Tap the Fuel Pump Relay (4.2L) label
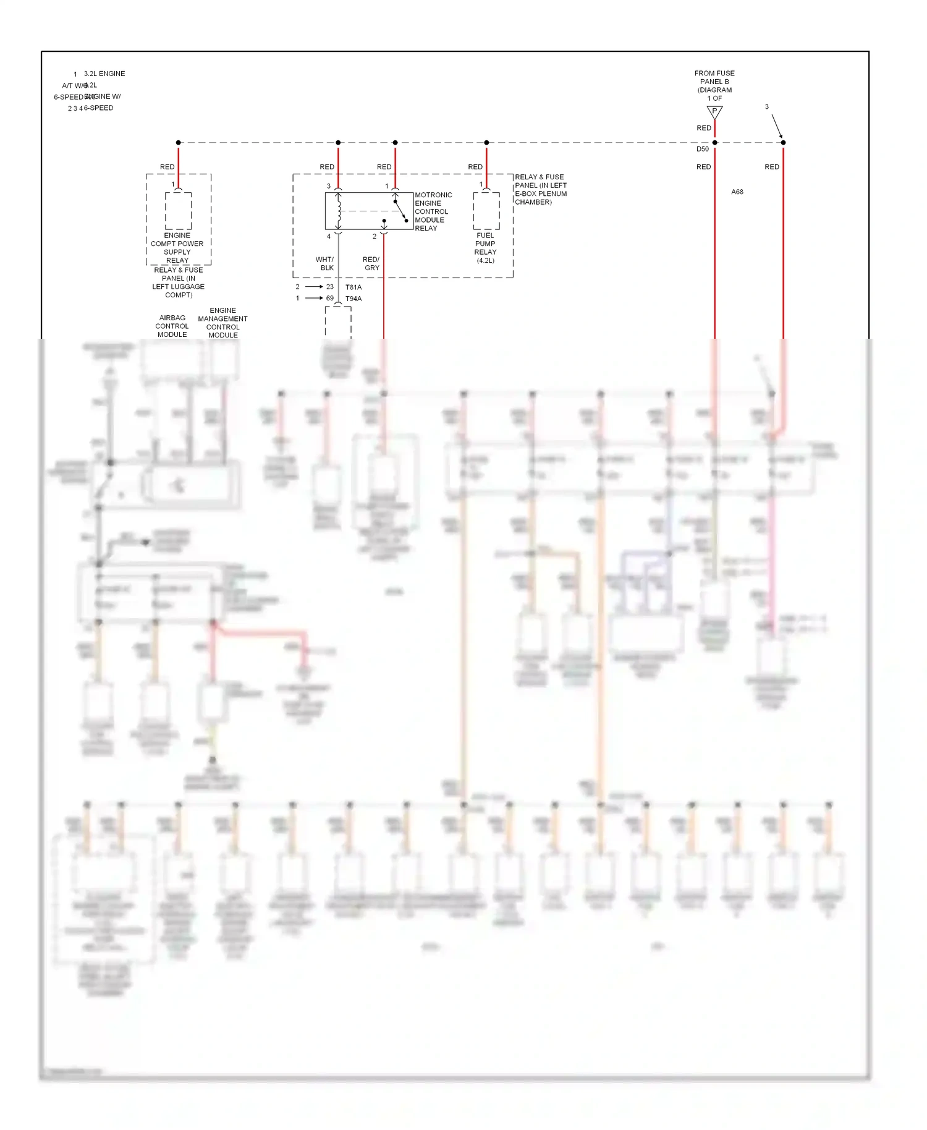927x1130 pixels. [485, 248]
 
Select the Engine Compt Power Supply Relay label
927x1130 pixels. [177, 248]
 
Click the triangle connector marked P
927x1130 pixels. [714, 112]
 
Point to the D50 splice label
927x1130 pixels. [703, 149]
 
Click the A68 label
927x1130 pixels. [737, 192]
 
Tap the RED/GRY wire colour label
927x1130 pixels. [371, 264]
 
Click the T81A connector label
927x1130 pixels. [353, 287]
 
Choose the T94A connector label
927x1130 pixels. [353, 299]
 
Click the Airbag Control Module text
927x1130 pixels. [172, 326]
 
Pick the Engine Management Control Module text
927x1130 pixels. [222, 323]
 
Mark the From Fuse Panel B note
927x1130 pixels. [714, 85]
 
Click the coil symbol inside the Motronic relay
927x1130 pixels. [339, 211]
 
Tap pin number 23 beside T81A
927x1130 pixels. [330, 287]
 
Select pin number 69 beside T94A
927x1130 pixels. [330, 299]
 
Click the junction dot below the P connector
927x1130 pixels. [715, 143]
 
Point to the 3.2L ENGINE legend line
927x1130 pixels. [104, 74]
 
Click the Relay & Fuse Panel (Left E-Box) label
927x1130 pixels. [540, 189]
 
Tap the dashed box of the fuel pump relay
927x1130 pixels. [486, 211]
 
